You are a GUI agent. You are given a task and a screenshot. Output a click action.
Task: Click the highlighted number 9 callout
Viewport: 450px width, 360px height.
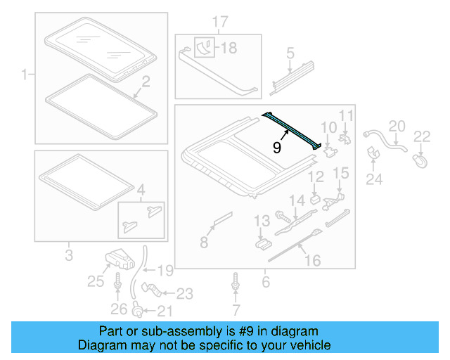click(278, 148)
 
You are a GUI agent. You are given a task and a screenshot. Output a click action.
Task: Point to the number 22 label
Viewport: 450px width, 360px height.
click(422, 136)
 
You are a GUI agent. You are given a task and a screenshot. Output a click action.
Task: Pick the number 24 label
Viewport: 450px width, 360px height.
click(373, 179)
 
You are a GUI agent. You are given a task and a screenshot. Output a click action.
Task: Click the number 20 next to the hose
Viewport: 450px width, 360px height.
click(397, 125)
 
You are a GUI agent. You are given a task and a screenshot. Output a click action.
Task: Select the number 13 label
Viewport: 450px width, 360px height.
click(262, 222)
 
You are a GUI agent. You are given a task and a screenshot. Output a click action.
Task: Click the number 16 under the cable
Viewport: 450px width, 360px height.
click(311, 261)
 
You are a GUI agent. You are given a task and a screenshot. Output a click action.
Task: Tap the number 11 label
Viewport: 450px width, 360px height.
click(346, 116)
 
